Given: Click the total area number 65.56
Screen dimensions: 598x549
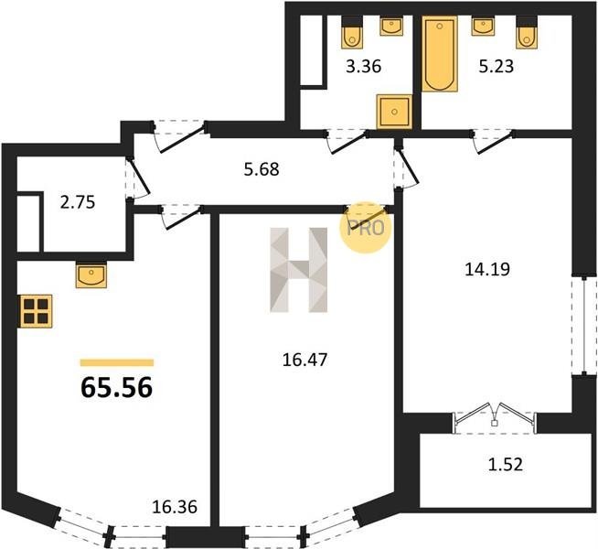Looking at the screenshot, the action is coord(117,387).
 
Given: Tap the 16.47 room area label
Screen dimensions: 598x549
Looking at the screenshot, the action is coord(304,360).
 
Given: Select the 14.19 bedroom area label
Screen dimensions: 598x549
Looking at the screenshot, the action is coord(487,270).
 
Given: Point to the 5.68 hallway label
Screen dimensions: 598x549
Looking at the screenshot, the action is coord(262,169).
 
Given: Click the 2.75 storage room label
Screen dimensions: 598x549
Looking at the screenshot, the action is coord(78,202).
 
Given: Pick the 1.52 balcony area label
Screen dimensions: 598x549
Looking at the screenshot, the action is coord(506,465).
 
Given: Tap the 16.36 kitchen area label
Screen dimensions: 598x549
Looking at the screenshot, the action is coord(175,507).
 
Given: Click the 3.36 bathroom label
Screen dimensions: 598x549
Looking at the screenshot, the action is coord(364,67).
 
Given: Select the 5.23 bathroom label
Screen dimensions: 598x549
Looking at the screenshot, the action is coord(497,67).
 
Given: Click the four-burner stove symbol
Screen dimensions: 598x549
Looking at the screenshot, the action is coord(36,311).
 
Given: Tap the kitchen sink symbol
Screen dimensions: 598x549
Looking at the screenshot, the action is coord(91,274).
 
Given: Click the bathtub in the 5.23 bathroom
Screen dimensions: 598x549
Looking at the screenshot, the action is coord(440,54).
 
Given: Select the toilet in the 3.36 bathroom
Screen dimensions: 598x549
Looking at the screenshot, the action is coord(352,32).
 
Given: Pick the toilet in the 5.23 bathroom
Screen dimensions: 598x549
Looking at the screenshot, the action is coord(527,32).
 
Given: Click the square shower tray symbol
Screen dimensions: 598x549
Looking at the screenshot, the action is coord(394,112).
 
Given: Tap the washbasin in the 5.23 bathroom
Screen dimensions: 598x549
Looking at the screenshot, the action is coord(483,26).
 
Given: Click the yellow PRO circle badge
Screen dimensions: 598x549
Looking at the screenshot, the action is coord(366,228).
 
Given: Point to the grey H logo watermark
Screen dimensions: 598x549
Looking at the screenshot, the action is coord(299,270).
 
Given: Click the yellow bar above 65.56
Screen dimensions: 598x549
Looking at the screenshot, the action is coord(117,362).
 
